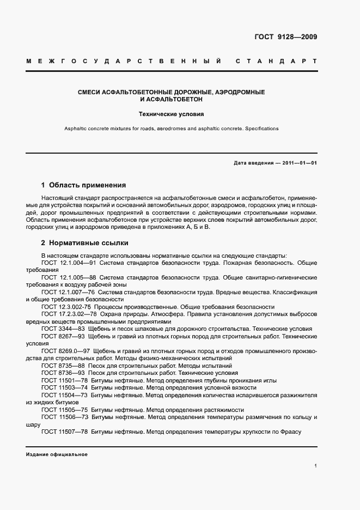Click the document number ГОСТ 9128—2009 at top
click(285, 37)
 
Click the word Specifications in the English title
click(261, 129)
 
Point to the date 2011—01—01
click(298, 163)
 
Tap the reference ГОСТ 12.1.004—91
click(65, 263)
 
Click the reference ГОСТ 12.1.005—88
click(65, 277)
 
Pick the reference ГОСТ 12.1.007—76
click(65, 292)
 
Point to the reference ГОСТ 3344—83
click(62, 329)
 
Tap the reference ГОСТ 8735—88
click(62, 366)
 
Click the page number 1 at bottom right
click(316, 466)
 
